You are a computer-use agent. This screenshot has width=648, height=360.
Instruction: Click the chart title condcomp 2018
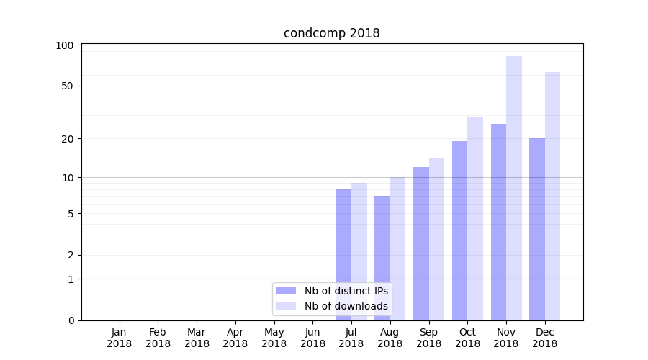[331, 33]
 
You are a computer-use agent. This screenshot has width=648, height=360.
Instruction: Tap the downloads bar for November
[514, 188]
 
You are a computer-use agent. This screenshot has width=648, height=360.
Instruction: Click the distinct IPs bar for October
[459, 230]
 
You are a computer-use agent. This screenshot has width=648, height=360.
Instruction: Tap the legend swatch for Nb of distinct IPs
[287, 291]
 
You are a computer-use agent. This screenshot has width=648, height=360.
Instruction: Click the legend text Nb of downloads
[346, 306]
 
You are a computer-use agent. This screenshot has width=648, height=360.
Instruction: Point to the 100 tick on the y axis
[65, 45]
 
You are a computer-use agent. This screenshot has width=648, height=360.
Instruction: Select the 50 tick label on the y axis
[67, 86]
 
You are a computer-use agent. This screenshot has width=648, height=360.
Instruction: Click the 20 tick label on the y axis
[67, 138]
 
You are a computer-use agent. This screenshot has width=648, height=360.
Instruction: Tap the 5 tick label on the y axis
[70, 213]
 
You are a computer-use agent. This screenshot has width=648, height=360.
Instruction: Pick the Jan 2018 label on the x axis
[120, 338]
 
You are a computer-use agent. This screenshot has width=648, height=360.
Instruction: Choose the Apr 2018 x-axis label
[235, 338]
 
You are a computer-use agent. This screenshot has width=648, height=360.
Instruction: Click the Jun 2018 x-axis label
[312, 338]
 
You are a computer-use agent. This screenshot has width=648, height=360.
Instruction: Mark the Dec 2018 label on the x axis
[544, 338]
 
